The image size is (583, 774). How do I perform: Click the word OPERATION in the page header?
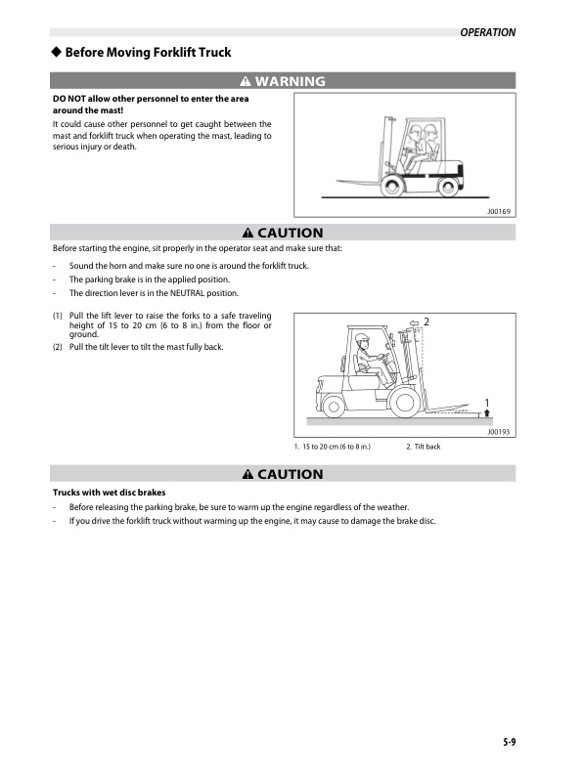point(487,32)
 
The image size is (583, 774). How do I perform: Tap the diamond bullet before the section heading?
point(57,52)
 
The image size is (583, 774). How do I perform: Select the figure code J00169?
point(499,211)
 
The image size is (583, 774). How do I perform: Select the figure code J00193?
point(499,431)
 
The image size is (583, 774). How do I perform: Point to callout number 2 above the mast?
point(426,322)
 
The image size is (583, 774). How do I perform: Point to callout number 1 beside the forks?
point(487,402)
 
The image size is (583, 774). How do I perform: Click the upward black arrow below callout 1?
point(487,413)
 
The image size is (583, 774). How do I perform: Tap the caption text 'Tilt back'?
point(426,447)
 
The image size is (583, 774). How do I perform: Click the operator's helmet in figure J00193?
point(363,338)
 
